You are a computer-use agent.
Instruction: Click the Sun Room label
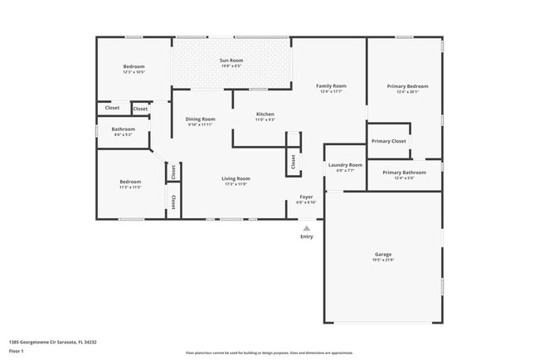pos(231,61)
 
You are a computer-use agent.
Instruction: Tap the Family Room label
pos(331,85)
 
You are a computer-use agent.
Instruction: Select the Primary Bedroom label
pos(407,85)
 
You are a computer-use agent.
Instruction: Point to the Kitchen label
pos(265,114)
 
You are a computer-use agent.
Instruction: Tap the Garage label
pos(383,254)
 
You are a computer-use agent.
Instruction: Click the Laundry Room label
pos(345,165)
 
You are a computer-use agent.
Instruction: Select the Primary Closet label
pos(389,141)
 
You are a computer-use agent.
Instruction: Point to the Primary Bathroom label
pos(404,173)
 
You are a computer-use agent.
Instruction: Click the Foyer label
pos(306,197)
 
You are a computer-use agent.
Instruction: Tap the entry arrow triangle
pos(307,227)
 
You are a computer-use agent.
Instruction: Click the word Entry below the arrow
pos(307,236)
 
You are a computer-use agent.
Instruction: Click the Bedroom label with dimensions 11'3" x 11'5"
pos(130,182)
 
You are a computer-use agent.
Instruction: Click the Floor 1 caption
pos(17,352)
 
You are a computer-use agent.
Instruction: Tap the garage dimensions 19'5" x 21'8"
pos(383,260)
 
